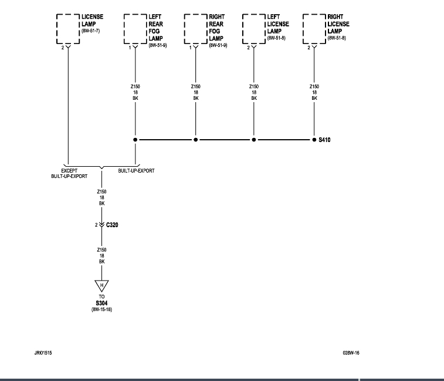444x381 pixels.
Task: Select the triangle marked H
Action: pos(102,286)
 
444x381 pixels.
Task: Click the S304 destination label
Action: pos(102,303)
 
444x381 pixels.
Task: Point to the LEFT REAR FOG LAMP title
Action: pos(155,28)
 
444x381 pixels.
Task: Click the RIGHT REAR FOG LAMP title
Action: pos(216,28)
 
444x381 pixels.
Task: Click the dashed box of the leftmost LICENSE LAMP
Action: pos(68,28)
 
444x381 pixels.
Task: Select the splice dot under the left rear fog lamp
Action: pos(135,140)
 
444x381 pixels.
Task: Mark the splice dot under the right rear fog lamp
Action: pos(196,140)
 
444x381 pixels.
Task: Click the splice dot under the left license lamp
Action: pos(253,140)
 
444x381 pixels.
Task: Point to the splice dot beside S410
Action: pos(314,140)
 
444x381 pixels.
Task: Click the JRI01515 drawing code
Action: pos(43,353)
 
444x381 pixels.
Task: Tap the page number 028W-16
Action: pos(351,353)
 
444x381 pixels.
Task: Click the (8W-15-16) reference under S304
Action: pos(102,309)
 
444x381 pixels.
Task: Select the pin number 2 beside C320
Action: pos(96,224)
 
